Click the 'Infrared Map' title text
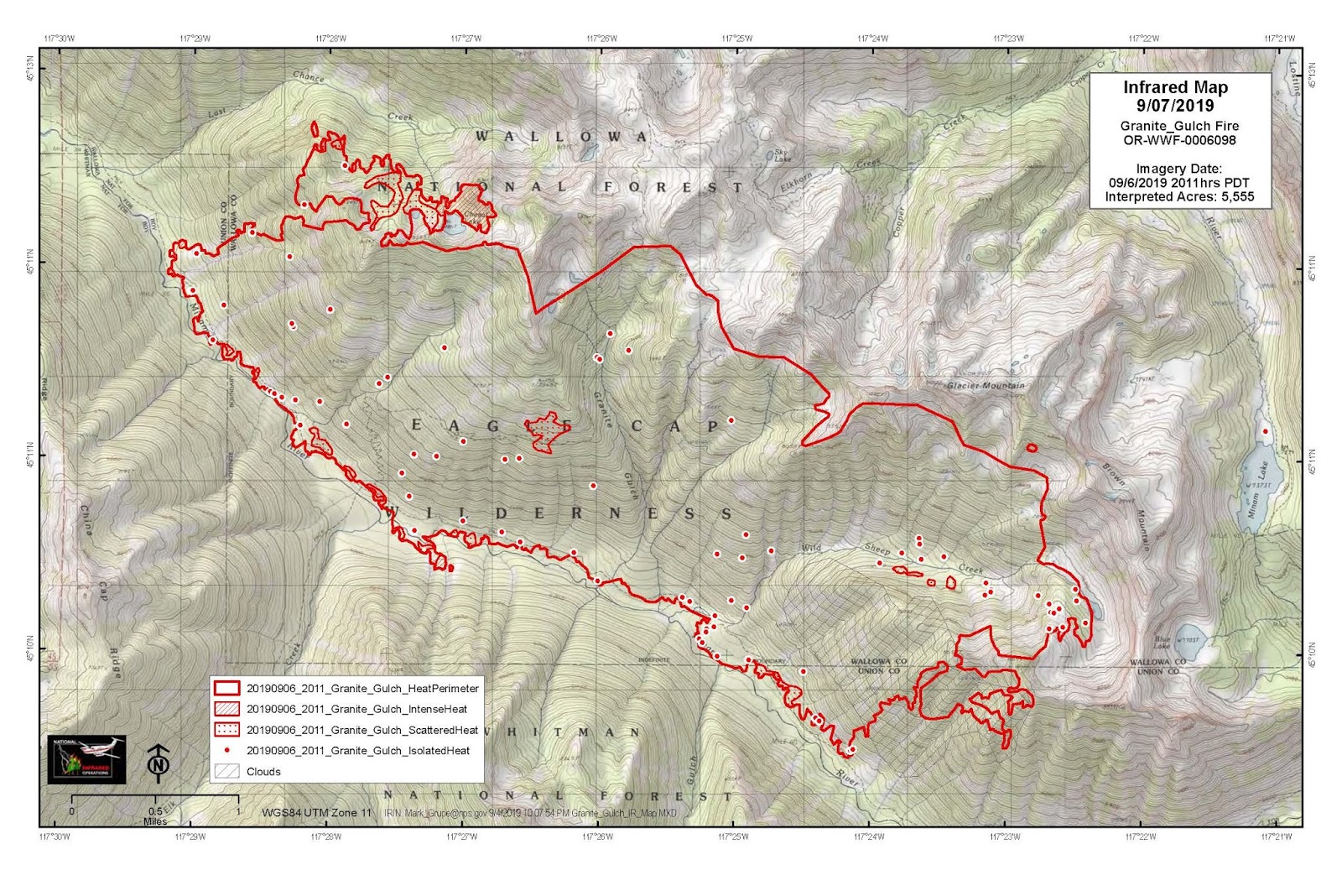(x=1175, y=88)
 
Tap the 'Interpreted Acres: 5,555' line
(x=1179, y=197)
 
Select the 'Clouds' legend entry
(x=263, y=772)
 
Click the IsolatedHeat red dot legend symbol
(x=227, y=751)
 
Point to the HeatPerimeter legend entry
(x=362, y=689)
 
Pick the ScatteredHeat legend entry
(x=362, y=730)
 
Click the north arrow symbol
(x=158, y=763)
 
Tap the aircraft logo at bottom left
(x=86, y=759)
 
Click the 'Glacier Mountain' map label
(x=986, y=386)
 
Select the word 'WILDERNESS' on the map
(x=558, y=513)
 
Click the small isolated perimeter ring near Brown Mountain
(x=1032, y=448)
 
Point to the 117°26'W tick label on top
(x=601, y=39)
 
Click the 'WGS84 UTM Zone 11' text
(x=316, y=812)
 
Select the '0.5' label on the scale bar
(x=155, y=811)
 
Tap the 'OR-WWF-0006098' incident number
(x=1179, y=140)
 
